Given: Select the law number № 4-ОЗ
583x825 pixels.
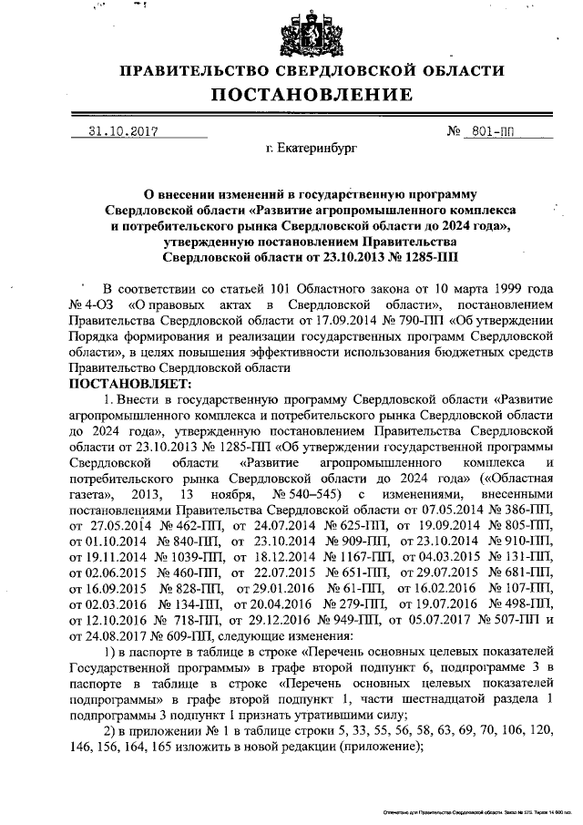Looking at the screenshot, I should pyautogui.click(x=92, y=303).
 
